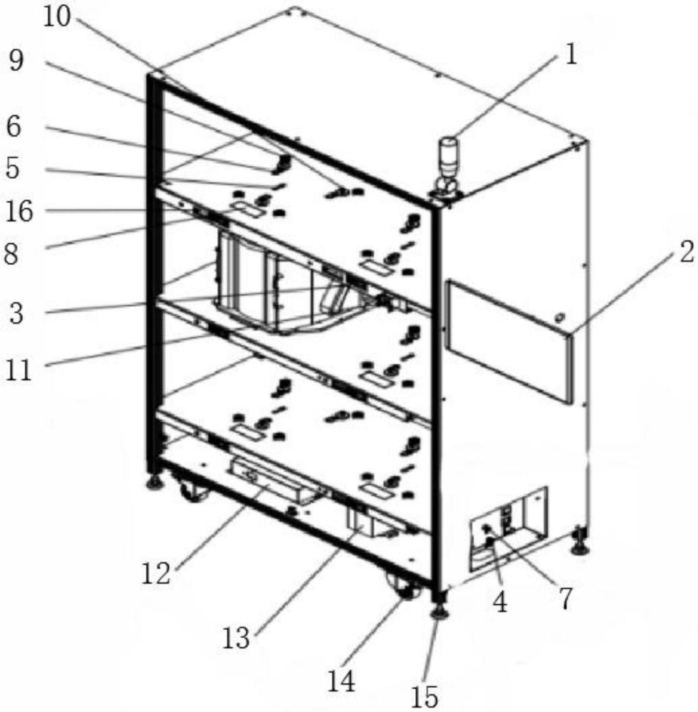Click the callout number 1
pyautogui.click(x=570, y=54)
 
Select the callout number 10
pyautogui.click(x=58, y=16)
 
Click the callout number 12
pyautogui.click(x=155, y=572)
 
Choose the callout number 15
pyautogui.click(x=425, y=696)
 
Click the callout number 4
pyautogui.click(x=500, y=602)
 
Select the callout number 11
pyautogui.click(x=19, y=370)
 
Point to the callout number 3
pyautogui.click(x=15, y=314)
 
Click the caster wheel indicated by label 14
pyautogui.click(x=403, y=588)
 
